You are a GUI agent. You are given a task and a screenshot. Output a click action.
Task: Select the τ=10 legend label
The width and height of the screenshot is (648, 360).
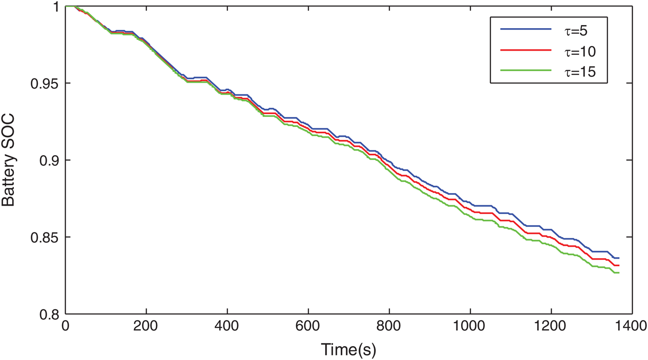pos(578,51)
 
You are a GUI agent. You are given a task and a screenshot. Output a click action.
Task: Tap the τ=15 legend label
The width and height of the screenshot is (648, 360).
pos(578,73)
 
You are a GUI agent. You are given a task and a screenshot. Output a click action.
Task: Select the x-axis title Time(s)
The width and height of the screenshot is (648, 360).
pos(348,350)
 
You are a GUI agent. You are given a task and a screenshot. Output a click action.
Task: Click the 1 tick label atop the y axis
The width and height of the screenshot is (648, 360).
pos(56,7)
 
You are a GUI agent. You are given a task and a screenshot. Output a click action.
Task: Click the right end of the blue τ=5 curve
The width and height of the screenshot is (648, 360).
pos(619,258)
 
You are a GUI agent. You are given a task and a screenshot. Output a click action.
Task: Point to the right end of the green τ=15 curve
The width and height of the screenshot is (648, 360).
pos(619,273)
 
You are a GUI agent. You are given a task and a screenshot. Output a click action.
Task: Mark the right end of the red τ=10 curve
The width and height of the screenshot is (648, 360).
pos(619,265)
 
